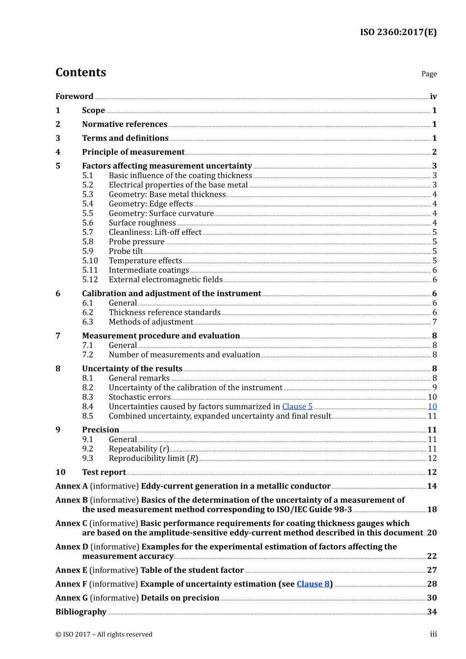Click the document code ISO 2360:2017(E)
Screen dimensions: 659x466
pos(398,32)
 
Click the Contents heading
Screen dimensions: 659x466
pos(80,73)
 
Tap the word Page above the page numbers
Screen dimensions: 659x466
pos(429,74)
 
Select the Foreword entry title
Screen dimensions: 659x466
pos(74,97)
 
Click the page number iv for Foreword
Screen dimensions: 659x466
pos(433,97)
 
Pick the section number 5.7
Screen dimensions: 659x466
pos(87,232)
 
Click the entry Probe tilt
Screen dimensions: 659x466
pos(126,252)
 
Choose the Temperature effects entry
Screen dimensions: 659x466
pos(145,261)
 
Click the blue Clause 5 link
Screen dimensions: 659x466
pos(297,406)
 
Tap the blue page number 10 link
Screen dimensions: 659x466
pos(432,406)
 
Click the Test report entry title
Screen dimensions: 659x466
pos(104,472)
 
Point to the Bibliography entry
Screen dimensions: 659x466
pos(81,612)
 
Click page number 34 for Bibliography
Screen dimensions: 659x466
pos(432,612)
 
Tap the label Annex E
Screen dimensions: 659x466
pos(71,570)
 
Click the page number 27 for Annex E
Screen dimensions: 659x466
pos(432,570)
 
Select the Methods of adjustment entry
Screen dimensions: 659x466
pos(151,322)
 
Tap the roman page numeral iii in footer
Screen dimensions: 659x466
pos(433,634)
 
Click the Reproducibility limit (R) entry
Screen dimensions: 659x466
pos(153,458)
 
